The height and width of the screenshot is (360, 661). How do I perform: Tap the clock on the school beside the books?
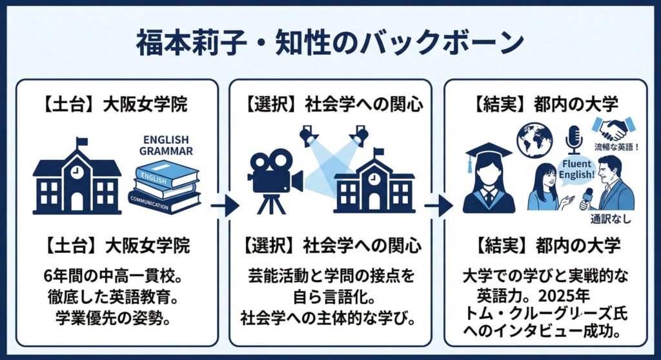pyautogui.click(x=77, y=172)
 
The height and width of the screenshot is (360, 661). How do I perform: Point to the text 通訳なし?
pyautogui.click(x=610, y=219)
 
